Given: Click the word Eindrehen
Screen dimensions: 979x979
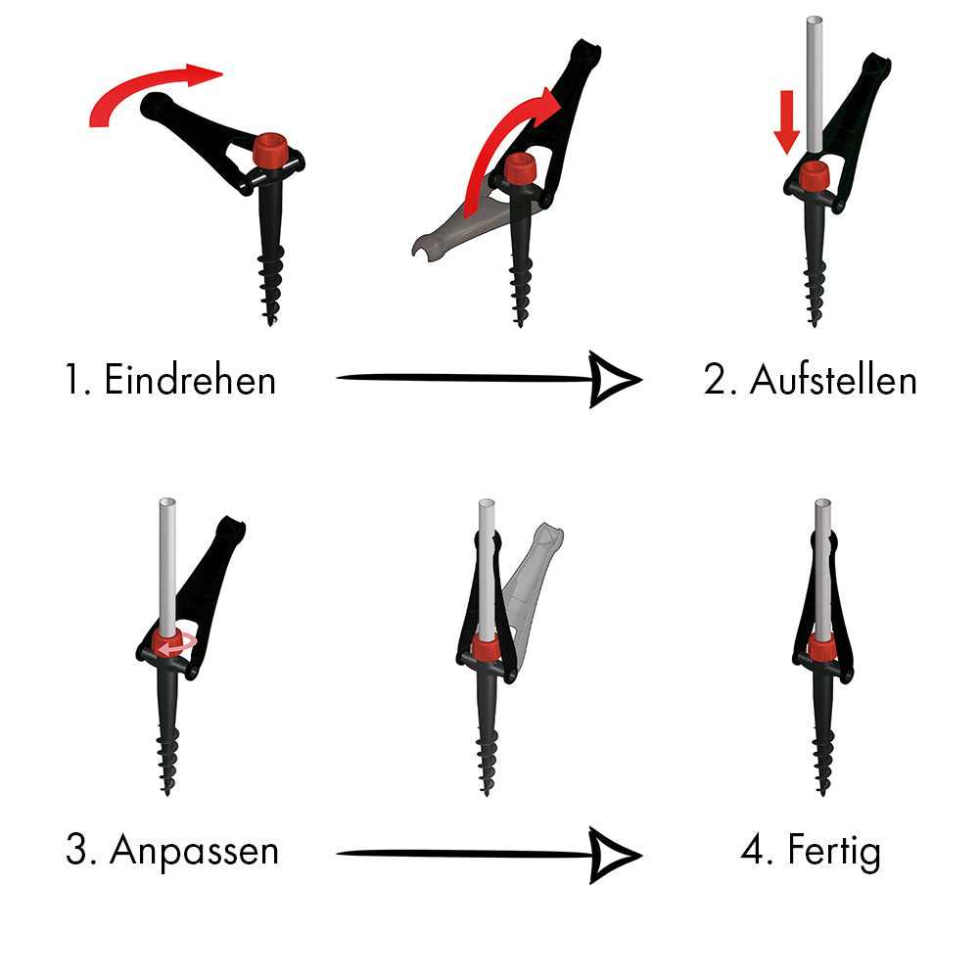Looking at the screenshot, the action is (190, 379).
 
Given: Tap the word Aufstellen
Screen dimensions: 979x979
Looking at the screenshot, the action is (833, 379).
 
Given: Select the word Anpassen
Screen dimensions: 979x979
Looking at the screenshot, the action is (194, 850).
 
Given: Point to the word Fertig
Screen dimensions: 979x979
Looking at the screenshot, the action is (834, 850).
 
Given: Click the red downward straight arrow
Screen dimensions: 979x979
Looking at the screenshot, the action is (787, 121).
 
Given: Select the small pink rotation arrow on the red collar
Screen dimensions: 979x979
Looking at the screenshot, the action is (177, 646).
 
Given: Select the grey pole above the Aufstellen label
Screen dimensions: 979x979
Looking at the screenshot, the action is (814, 84).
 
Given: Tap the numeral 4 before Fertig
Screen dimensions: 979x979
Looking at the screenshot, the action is (752, 850).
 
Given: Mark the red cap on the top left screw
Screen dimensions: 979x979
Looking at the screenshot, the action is (270, 149).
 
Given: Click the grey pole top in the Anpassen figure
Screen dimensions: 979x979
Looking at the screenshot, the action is (167, 502).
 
